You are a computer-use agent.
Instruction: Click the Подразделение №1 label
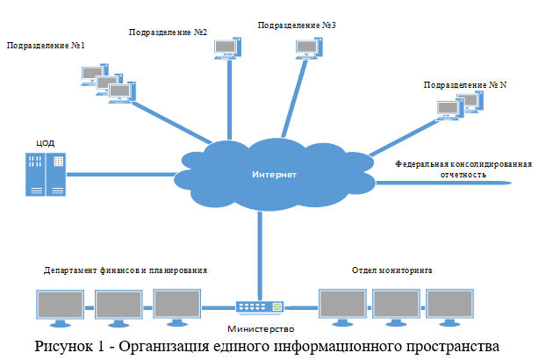(x=46, y=45)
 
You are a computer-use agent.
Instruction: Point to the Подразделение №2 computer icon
(x=226, y=49)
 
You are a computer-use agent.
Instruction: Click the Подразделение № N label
(x=465, y=85)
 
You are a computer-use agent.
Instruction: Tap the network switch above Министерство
(x=260, y=307)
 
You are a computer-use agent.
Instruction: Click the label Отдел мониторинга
(x=392, y=270)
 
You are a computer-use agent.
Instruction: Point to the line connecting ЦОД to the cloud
(x=123, y=174)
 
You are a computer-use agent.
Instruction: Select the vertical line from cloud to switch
(x=260, y=255)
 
